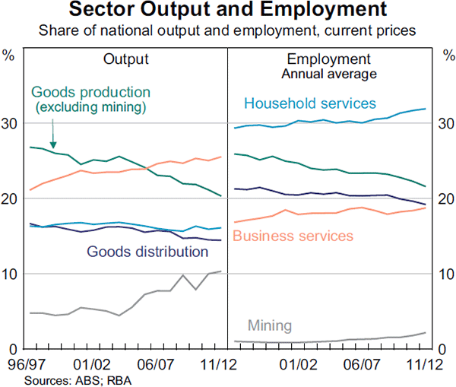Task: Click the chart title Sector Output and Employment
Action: coord(228,11)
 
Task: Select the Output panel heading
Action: coord(126,59)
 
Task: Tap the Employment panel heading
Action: coord(328,59)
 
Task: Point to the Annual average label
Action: coord(328,74)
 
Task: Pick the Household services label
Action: coord(311,103)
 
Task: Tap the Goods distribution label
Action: coord(144,251)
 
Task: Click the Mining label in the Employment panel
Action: coord(271,325)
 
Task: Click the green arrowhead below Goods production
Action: coord(52,144)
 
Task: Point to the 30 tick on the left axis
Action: coord(11,123)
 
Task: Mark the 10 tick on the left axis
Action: coord(11,274)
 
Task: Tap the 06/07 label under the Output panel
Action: coord(160,365)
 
